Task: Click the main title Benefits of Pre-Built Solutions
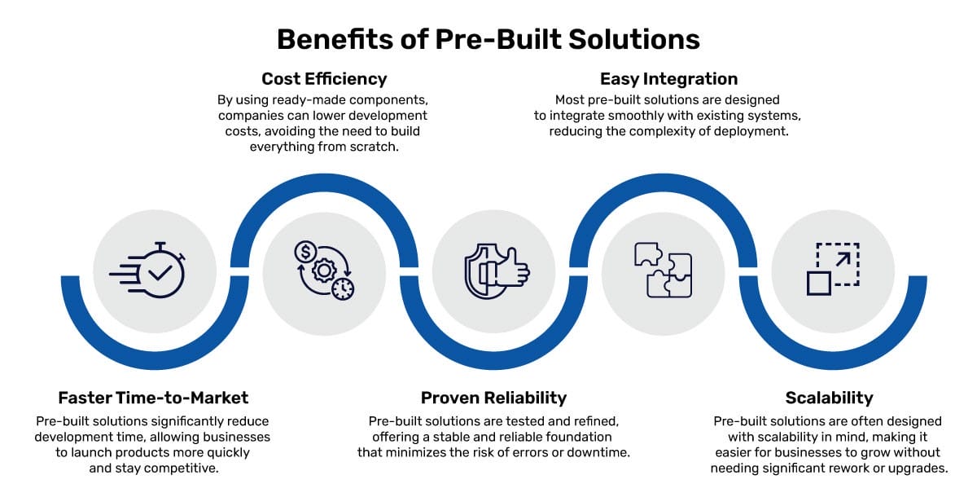pos(488,39)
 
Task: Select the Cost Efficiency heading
pos(324,79)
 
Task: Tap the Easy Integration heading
pos(668,79)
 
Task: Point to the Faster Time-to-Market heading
pos(153,398)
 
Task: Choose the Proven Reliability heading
pos(493,398)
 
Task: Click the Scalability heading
pos(829,398)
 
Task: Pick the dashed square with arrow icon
pos(832,269)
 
